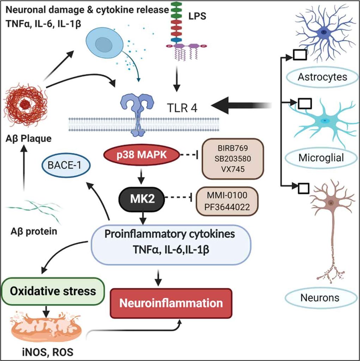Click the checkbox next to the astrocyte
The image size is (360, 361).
pos(299,55)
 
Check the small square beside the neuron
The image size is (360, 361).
pos(304,188)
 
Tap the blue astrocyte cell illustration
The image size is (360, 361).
pos(324,33)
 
